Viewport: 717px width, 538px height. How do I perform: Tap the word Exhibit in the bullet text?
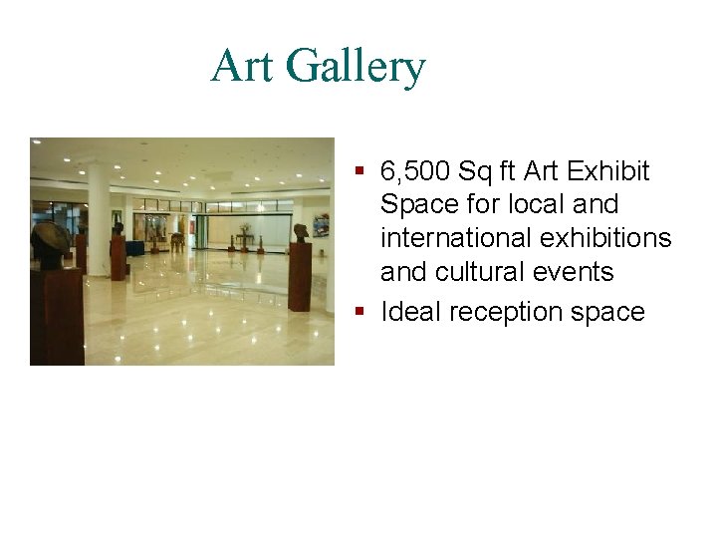610,171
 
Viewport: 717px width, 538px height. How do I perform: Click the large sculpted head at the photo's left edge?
51,244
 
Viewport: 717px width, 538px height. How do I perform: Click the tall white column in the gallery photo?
98,215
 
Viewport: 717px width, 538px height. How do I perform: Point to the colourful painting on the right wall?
321,226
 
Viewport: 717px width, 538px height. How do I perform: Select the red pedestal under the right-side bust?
299,276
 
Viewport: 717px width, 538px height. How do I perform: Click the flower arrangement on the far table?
243,233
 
